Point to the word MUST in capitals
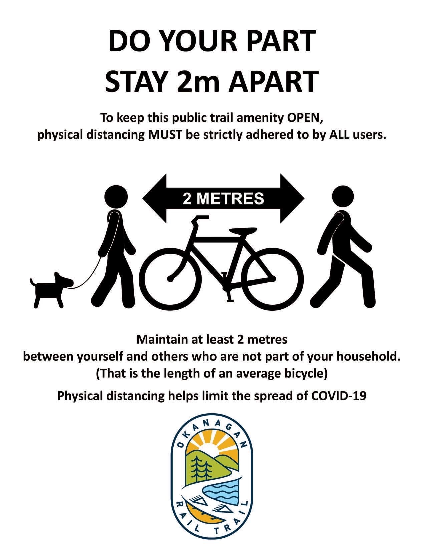click(165, 134)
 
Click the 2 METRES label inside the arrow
click(224, 198)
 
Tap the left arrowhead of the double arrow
click(154, 198)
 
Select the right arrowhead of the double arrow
click(292, 198)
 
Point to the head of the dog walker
click(116, 197)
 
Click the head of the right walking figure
click(343, 196)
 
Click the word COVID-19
click(339, 395)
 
